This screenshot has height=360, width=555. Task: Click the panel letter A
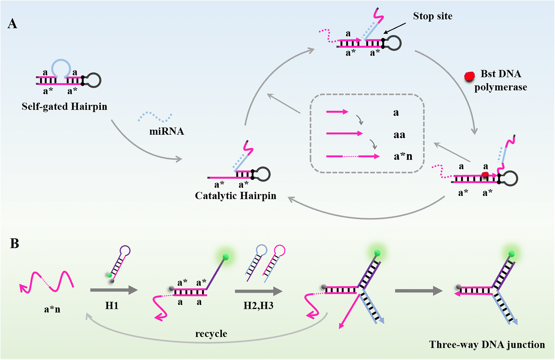(x=12, y=24)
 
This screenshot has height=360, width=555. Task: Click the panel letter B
(x=14, y=243)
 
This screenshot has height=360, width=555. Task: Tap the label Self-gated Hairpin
(x=64, y=107)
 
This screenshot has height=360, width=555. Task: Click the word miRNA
(x=166, y=132)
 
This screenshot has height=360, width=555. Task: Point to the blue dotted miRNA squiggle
(x=155, y=117)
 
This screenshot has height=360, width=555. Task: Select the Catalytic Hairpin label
(x=235, y=196)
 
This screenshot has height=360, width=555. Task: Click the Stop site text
(x=433, y=16)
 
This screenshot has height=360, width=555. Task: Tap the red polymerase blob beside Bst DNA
(x=469, y=76)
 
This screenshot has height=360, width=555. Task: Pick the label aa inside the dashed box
(x=399, y=135)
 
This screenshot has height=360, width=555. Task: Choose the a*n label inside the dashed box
(x=402, y=157)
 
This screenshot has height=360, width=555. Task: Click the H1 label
(x=112, y=306)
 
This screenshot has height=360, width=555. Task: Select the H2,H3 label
(x=258, y=306)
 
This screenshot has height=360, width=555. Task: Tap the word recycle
(x=211, y=334)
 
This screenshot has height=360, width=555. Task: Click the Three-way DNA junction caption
(x=487, y=345)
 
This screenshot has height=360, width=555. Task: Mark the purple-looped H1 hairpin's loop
(x=125, y=251)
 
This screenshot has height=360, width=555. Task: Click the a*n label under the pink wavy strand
(x=52, y=309)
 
